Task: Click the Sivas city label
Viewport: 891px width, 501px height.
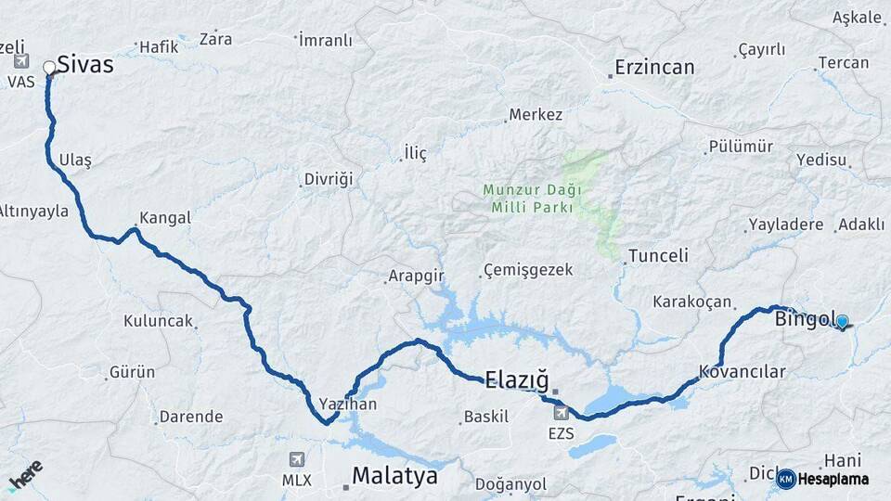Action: pyautogui.click(x=84, y=64)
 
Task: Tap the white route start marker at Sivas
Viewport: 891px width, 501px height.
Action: pyautogui.click(x=49, y=67)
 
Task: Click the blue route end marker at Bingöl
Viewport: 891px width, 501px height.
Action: pyautogui.click(x=842, y=322)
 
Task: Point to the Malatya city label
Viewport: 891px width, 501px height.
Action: pyautogui.click(x=394, y=477)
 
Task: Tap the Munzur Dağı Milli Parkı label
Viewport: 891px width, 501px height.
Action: pyautogui.click(x=532, y=198)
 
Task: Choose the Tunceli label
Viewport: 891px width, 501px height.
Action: pyautogui.click(x=658, y=255)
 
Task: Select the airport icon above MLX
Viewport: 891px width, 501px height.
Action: pyautogui.click(x=297, y=459)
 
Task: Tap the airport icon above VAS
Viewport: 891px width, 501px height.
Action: pyautogui.click(x=21, y=61)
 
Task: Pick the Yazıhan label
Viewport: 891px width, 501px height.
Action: pyautogui.click(x=347, y=405)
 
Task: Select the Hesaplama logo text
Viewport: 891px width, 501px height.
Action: pyautogui.click(x=833, y=479)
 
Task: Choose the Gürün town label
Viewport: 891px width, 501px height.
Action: pyautogui.click(x=133, y=372)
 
